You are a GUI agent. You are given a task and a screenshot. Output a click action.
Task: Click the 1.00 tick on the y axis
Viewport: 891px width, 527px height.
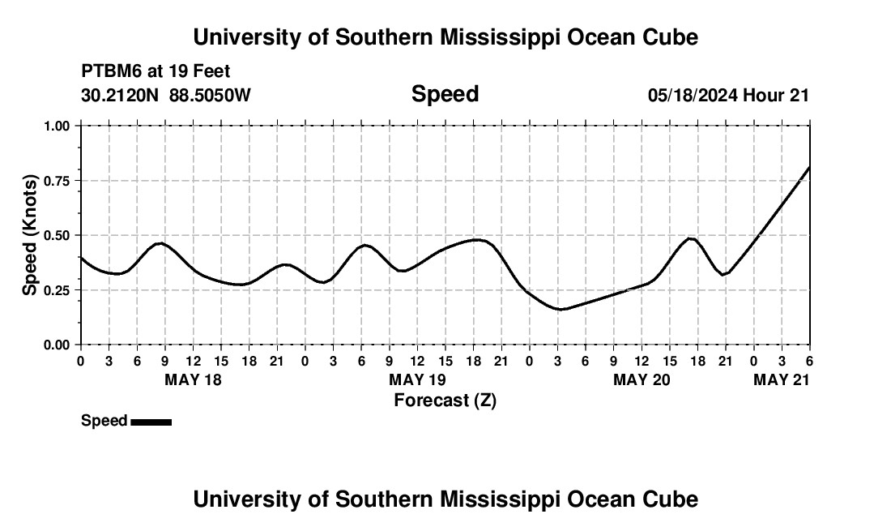point(58,126)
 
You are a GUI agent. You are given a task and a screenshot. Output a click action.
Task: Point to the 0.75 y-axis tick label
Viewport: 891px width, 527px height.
point(58,181)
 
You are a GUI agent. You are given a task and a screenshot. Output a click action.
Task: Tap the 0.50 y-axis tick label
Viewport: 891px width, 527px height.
point(58,235)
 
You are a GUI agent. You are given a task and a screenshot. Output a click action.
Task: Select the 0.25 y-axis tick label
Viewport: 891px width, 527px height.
point(58,290)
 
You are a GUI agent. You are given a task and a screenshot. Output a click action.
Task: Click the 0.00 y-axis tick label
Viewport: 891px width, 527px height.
point(58,345)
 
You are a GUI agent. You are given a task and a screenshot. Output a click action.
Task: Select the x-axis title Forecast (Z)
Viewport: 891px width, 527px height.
point(445,400)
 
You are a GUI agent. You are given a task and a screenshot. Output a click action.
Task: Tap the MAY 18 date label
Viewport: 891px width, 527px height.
point(193,379)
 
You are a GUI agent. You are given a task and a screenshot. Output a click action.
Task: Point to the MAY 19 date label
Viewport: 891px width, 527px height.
point(417,379)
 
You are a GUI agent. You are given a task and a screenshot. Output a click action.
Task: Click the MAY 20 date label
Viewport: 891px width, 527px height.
point(642,379)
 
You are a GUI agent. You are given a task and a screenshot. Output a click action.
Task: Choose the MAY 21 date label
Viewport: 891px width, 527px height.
point(781,379)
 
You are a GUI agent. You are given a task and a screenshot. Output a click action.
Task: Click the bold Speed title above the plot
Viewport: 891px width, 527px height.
point(445,94)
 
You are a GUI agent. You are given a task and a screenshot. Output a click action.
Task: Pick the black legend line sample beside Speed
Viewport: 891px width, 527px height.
point(151,422)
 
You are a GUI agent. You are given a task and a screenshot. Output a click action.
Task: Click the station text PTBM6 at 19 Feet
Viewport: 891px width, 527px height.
point(156,71)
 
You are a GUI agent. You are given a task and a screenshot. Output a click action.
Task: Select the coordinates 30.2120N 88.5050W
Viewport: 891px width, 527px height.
point(166,96)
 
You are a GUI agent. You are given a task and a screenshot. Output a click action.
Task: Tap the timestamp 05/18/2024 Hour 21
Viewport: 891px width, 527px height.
point(728,96)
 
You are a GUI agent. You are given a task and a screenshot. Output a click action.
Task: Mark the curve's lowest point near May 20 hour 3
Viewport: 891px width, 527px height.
point(559,309)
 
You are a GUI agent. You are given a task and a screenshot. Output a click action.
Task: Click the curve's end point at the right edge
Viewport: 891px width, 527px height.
point(809,168)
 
